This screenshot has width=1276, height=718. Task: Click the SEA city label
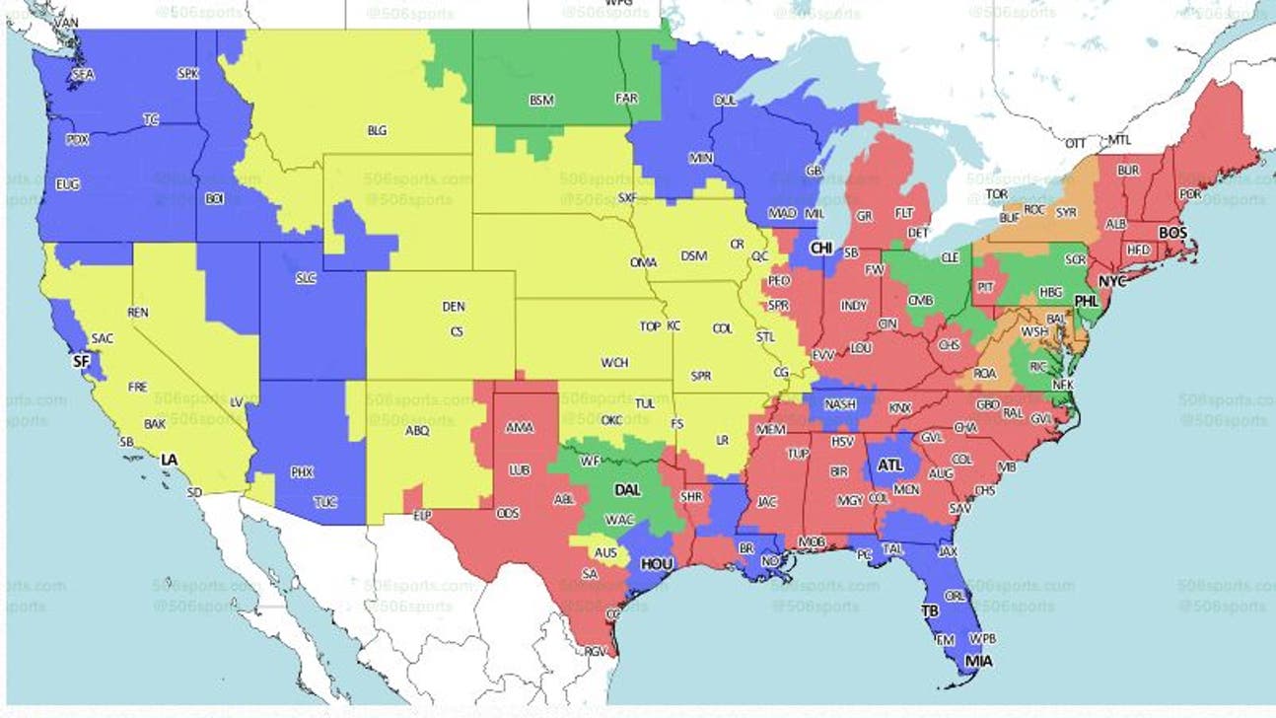84,75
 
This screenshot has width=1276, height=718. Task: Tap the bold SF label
82,362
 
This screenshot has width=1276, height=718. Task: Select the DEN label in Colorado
454,307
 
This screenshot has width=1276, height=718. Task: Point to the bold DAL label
627,489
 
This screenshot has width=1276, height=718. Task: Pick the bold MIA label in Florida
979,662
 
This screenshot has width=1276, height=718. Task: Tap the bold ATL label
890,466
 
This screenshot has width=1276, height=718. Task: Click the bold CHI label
821,249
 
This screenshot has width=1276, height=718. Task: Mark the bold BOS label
1172,233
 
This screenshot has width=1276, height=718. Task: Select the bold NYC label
1111,282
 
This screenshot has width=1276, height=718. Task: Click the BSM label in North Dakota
541,101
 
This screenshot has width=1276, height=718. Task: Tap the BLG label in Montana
377,130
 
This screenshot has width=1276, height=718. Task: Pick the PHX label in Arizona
302,472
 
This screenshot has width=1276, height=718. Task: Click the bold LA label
170,460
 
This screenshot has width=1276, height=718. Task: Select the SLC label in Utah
306,278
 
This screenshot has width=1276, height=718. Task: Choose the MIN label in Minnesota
701,158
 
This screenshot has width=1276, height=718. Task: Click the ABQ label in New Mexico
417,430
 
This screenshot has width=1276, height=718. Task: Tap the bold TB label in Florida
930,610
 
